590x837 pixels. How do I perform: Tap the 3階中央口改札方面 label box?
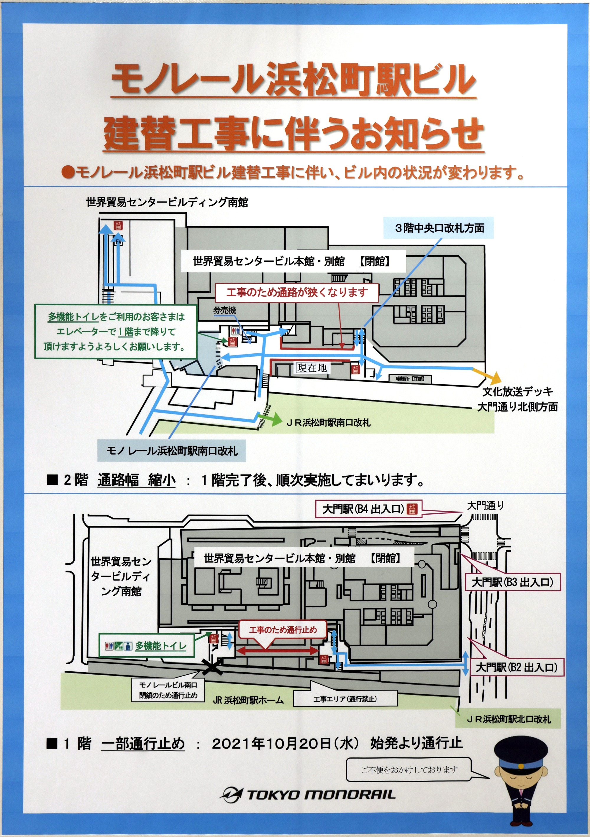point(439,228)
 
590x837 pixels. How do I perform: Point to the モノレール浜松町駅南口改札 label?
point(171,451)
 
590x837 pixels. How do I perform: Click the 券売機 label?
point(225,310)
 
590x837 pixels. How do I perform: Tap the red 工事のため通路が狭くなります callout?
point(297,292)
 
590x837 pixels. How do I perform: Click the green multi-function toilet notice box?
point(115,331)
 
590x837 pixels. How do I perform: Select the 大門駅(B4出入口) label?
point(368,509)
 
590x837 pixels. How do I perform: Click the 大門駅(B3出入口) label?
point(512,582)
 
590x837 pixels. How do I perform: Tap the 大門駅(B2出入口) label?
point(516,667)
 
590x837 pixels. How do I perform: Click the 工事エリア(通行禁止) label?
point(345,698)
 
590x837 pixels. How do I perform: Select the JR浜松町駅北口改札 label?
point(509,719)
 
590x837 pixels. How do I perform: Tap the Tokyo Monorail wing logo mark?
point(232,794)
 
